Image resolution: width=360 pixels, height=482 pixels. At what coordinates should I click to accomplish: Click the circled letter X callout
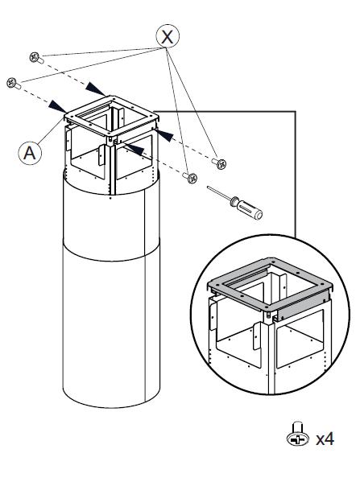[x=168, y=36]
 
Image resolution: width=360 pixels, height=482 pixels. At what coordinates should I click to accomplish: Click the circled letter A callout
[x=30, y=152]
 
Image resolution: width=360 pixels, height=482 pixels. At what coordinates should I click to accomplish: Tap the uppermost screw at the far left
[x=36, y=57]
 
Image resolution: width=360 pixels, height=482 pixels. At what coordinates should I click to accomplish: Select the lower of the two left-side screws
[x=14, y=84]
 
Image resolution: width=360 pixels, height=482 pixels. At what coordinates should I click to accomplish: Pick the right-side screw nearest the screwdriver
[x=190, y=177]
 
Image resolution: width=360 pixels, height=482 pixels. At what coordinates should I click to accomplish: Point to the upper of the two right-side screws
[x=219, y=163]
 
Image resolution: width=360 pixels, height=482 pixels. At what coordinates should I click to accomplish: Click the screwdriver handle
[x=247, y=208]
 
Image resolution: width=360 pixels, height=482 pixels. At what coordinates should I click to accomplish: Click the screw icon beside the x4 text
[x=298, y=434]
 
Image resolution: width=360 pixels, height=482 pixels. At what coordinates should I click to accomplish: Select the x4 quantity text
[x=325, y=439]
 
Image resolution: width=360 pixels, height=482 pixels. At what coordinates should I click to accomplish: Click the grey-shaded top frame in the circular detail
[x=270, y=284]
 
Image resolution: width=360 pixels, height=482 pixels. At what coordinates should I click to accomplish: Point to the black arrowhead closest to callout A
[x=57, y=106]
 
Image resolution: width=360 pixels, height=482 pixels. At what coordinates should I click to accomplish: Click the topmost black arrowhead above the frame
[x=95, y=89]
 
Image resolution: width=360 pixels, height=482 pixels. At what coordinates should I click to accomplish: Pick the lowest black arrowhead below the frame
[x=134, y=149]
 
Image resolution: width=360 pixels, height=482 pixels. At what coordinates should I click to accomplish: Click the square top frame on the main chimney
[x=111, y=116]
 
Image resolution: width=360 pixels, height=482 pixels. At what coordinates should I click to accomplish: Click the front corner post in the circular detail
[x=271, y=356]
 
